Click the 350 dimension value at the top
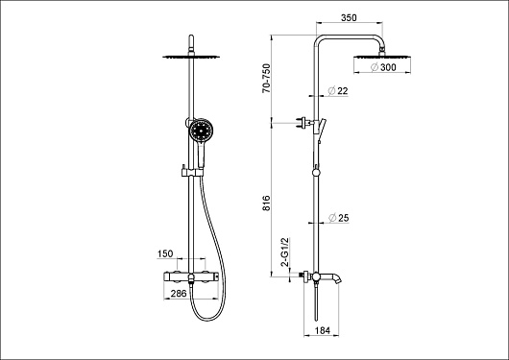click(349, 18)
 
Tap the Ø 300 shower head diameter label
click(383, 67)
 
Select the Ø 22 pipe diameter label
click(338, 91)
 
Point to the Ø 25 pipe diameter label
click(339, 218)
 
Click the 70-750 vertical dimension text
click(266, 79)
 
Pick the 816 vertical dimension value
click(266, 204)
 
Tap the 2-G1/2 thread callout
click(284, 252)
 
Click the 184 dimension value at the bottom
click(323, 330)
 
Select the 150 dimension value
click(165, 253)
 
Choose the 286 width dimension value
click(179, 294)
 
